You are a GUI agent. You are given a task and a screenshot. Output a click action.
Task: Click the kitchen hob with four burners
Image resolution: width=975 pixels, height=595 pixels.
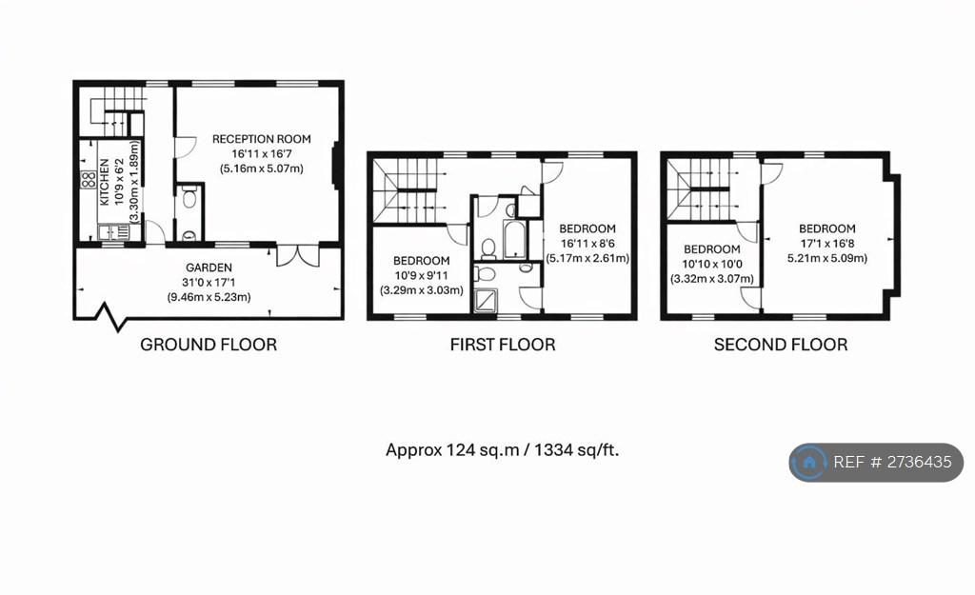89,180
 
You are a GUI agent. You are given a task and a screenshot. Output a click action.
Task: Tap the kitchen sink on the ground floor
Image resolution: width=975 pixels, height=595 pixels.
114,232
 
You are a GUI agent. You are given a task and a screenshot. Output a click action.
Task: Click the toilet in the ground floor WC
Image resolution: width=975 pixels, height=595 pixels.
189,198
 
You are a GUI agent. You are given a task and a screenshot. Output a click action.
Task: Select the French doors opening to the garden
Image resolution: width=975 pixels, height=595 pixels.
298,255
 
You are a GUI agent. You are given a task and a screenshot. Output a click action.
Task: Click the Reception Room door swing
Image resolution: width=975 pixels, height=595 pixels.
186,147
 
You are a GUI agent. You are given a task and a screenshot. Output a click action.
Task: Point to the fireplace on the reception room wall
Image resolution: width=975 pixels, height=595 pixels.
336,165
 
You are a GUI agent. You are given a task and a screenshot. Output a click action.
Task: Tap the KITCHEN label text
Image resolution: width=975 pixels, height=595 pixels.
105,182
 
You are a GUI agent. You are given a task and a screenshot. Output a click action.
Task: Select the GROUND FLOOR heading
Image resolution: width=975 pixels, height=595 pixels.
209,345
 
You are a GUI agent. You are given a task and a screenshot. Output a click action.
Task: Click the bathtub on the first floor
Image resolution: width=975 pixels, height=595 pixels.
515,239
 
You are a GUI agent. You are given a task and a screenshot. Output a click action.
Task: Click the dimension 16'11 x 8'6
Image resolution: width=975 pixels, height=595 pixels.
587,243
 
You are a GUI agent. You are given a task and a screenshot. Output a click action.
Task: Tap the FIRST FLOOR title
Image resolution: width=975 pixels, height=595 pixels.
503,345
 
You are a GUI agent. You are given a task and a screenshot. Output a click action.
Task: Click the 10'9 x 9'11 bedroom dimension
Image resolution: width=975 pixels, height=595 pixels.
422,275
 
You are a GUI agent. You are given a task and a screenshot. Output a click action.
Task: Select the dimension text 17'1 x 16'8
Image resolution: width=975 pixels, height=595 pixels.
827,243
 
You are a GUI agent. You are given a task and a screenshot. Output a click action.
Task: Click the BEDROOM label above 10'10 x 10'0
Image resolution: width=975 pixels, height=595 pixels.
712,249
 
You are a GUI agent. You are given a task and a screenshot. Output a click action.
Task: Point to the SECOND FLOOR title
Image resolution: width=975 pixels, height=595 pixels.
781,345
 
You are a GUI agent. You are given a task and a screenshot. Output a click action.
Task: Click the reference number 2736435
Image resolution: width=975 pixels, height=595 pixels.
920,462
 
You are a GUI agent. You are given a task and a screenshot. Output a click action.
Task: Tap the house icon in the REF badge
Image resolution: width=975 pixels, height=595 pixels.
809,463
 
